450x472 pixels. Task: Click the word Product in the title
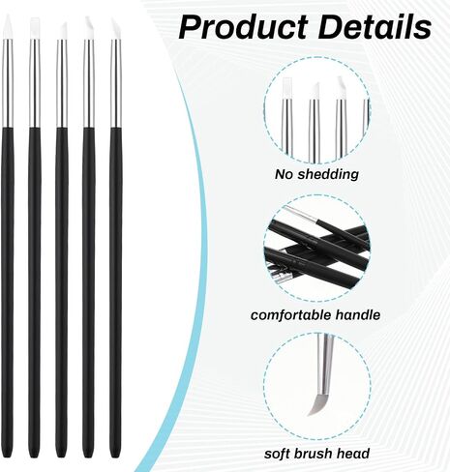pyautogui.click(x=243, y=28)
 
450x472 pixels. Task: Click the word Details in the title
pyautogui.click(x=375, y=27)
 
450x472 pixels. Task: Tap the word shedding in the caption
pyautogui.click(x=328, y=174)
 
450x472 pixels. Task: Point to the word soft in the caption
pyautogui.click(x=277, y=454)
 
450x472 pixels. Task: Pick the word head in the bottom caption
pyautogui.click(x=353, y=454)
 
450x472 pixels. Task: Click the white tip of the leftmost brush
pyautogui.click(x=8, y=28)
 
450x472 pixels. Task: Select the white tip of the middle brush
pyautogui.click(x=62, y=31)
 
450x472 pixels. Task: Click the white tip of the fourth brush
pyautogui.click(x=89, y=28)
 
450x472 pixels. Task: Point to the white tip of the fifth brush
pyautogui.click(x=116, y=29)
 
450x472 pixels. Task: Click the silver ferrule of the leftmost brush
pyautogui.click(x=8, y=83)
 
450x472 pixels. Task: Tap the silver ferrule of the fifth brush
pyautogui.click(x=116, y=83)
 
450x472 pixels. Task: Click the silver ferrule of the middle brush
pyautogui.click(x=62, y=83)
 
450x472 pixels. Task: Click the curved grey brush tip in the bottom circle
pyautogui.click(x=317, y=404)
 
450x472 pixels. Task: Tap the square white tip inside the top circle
pyautogui.click(x=286, y=88)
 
